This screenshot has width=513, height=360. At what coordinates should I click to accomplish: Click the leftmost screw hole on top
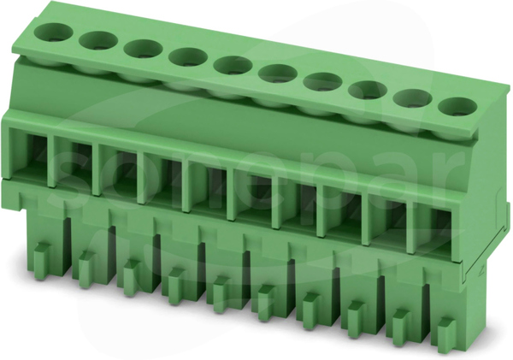tap(53, 32)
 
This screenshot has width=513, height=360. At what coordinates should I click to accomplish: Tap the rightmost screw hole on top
tap(457, 106)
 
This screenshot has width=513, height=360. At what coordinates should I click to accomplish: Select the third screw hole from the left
tap(143, 49)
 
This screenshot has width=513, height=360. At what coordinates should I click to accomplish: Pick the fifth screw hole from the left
tap(233, 65)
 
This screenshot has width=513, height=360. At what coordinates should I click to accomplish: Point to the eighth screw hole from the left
tap(368, 90)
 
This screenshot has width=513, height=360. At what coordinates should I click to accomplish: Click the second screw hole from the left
tap(98, 41)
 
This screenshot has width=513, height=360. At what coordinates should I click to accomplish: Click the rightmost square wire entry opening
tap(435, 231)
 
